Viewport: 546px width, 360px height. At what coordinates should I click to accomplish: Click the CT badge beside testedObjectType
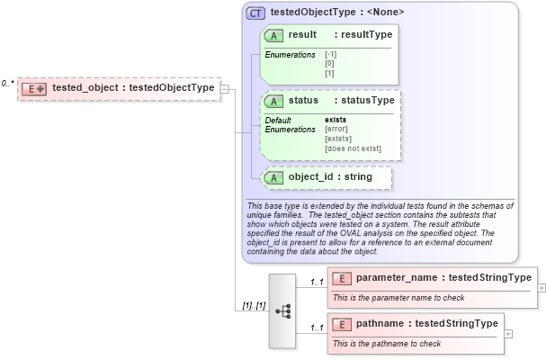(x=255, y=13)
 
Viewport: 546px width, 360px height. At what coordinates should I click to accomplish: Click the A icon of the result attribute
(x=273, y=35)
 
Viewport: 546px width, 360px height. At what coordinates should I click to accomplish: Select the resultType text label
(x=364, y=35)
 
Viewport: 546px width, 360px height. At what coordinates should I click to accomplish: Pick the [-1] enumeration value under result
(x=330, y=55)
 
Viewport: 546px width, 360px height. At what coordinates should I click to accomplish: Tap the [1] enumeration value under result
(x=329, y=71)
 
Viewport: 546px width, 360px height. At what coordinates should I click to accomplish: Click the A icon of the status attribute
(x=273, y=101)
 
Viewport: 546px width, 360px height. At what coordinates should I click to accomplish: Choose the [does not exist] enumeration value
(x=353, y=148)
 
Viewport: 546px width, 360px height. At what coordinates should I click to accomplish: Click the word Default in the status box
(x=277, y=120)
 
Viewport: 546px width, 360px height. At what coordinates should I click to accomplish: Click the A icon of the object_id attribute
(x=273, y=177)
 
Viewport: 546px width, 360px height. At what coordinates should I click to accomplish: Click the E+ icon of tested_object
(x=35, y=88)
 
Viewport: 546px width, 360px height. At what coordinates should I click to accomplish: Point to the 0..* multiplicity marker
(x=7, y=83)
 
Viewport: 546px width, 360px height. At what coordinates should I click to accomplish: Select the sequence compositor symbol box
(x=282, y=310)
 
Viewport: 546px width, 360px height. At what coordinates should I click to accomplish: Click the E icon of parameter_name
(x=341, y=278)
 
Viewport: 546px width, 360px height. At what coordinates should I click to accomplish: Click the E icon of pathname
(x=341, y=324)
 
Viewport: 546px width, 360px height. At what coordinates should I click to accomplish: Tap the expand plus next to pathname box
(x=509, y=333)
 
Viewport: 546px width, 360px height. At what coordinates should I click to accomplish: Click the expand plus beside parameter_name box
(x=542, y=287)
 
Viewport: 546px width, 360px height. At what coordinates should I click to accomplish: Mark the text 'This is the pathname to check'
(x=387, y=343)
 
